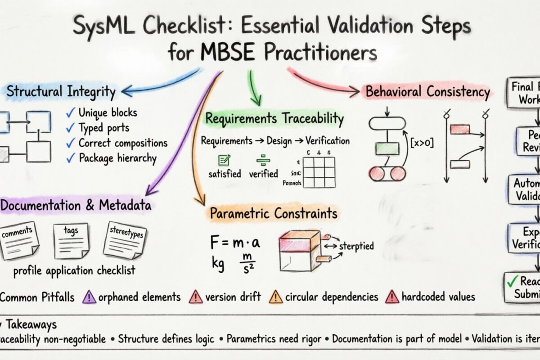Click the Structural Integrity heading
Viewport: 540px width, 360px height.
coord(61,92)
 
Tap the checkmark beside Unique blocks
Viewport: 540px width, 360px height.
coord(70,112)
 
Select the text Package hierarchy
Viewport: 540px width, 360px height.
coord(117,158)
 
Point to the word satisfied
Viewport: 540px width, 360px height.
coord(225,174)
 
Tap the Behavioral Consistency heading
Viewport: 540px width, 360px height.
coord(427,92)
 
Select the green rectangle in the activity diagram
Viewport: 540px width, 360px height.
coord(387,148)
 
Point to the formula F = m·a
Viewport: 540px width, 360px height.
coord(235,243)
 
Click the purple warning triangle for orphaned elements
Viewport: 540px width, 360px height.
coord(90,297)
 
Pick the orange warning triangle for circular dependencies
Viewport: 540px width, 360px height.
coord(275,297)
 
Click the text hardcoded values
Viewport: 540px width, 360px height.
coord(438,297)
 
